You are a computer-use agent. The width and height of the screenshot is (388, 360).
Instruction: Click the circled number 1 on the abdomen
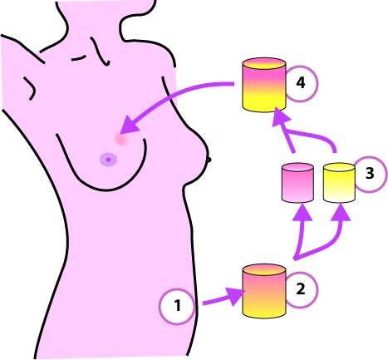click(178, 306)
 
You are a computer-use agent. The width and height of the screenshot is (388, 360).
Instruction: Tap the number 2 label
click(300, 289)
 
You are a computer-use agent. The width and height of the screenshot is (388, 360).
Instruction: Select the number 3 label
click(370, 174)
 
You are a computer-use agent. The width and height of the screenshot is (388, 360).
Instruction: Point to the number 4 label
click(301, 83)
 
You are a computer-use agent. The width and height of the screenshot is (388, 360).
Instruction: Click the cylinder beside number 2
click(264, 291)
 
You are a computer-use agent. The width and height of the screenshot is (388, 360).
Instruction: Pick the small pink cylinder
click(297, 182)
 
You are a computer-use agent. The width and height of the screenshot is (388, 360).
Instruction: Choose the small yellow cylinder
click(339, 182)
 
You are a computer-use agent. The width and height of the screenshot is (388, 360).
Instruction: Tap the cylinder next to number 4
click(264, 85)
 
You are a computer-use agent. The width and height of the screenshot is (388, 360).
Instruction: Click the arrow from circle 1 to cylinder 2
click(223, 298)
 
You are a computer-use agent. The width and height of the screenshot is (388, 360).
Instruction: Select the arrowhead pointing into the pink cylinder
click(302, 212)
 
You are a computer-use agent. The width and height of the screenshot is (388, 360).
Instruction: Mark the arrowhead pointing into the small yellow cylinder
click(341, 213)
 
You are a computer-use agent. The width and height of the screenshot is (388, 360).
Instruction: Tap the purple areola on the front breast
click(108, 160)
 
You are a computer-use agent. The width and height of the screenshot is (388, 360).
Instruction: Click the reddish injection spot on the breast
click(121, 139)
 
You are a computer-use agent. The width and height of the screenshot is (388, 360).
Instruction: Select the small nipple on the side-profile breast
click(209, 160)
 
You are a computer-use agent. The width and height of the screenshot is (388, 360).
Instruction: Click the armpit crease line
click(30, 88)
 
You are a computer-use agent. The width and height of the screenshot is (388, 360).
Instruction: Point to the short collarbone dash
click(78, 58)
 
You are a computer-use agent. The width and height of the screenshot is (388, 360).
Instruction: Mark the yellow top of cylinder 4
click(264, 64)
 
